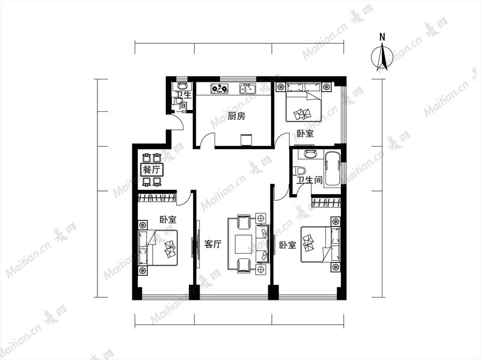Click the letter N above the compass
pos(382,37)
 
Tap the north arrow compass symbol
pos(382,56)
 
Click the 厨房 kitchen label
pos(236,116)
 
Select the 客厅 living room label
pos(213,245)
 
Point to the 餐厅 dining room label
pos(152,169)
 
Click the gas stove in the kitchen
pos(219,89)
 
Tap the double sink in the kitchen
pos(248,89)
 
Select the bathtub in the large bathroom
pos(332,169)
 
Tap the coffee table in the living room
pos(244,245)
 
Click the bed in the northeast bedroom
pos(304,102)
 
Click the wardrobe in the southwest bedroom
pos(157,198)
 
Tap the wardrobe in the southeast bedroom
pos(326,203)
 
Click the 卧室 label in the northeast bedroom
pos(305,133)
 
